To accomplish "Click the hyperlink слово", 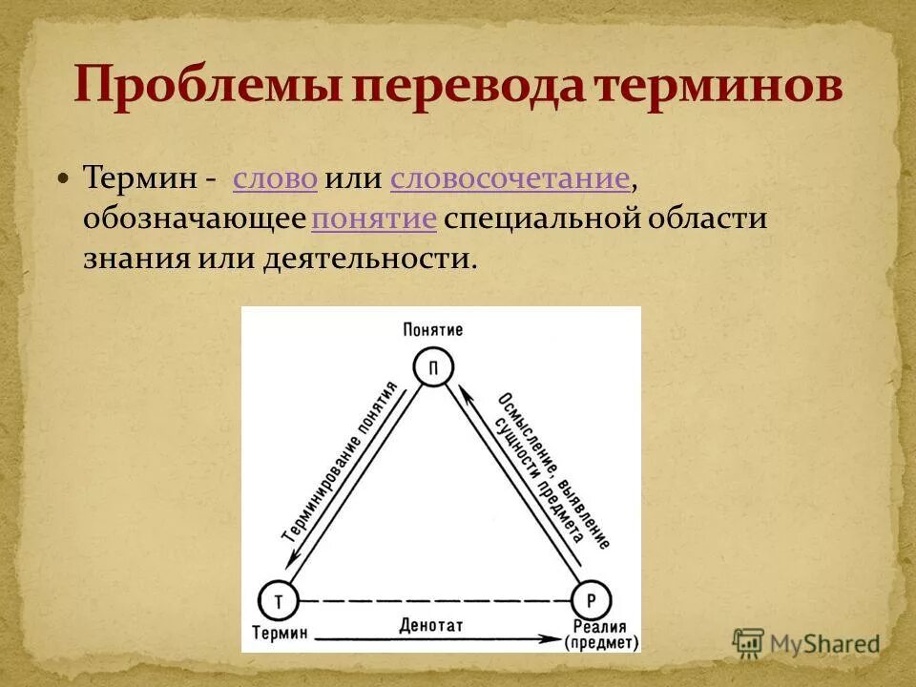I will point(275,178).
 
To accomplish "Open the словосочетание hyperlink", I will point(510,178).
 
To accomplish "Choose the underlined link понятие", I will point(374,219).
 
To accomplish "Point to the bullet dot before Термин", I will point(64,178).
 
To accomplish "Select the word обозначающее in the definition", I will point(194,219).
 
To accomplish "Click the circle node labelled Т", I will point(279,602).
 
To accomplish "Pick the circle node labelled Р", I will point(591,602).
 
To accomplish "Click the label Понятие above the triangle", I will point(433,330).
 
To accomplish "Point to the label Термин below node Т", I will point(281,633).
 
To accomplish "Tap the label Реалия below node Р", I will point(598,627).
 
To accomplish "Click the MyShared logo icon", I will point(748,642).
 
